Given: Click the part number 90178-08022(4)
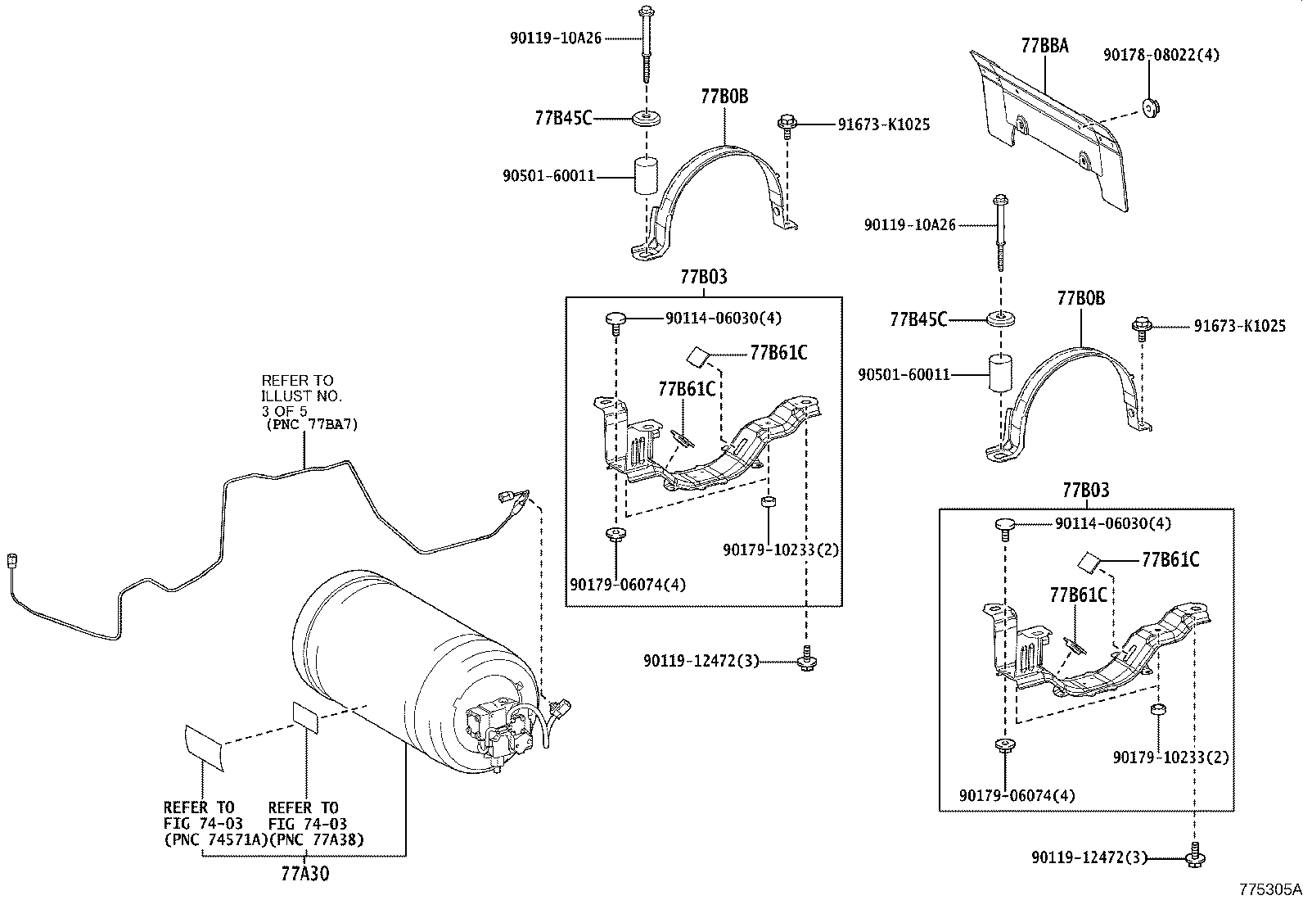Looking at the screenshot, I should [1161, 55].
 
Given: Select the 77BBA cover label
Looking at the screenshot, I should [1044, 46].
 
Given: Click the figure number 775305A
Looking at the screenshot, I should [1268, 889].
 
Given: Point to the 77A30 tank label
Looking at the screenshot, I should [304, 873].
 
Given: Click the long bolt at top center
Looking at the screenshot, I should [645, 45].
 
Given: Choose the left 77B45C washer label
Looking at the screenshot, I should [563, 118].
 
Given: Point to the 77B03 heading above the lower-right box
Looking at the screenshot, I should [1085, 491].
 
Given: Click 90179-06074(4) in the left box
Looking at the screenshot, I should [628, 584].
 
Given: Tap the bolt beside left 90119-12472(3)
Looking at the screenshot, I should [806, 658].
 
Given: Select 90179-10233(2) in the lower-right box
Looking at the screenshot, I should [1170, 758].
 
